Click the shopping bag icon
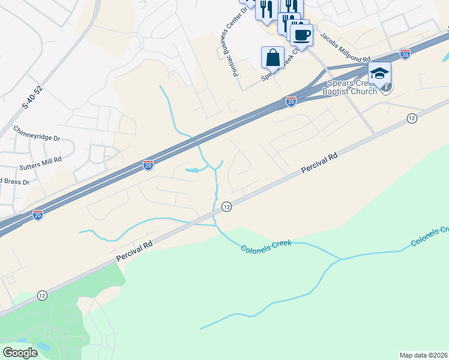273,58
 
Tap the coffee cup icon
301,35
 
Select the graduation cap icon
379,73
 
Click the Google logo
20,353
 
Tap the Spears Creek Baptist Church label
351,87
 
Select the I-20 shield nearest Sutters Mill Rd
148,164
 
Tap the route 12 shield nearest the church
411,119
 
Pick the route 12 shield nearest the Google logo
41,295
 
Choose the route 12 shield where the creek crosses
226,206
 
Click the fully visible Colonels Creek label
266,246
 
